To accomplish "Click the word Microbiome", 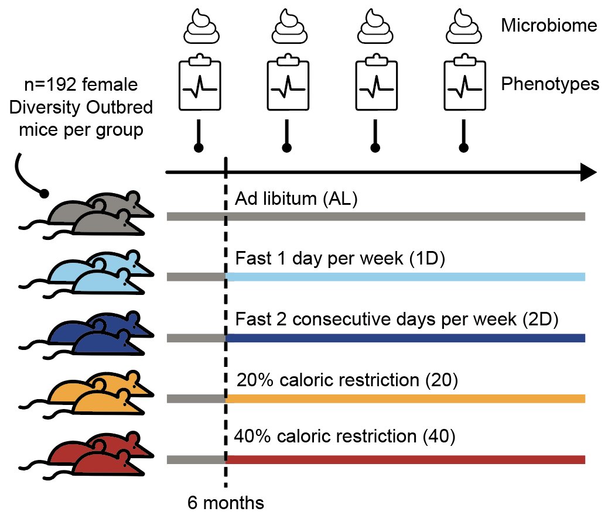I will tap(549, 26).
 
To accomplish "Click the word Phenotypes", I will tap(550, 85).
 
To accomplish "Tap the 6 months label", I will tap(226, 503).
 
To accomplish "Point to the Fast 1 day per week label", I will tap(340, 259).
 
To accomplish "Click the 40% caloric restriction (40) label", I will tap(344, 437).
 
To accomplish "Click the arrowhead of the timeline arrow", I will tap(587, 173).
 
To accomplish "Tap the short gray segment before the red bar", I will tap(196, 459).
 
